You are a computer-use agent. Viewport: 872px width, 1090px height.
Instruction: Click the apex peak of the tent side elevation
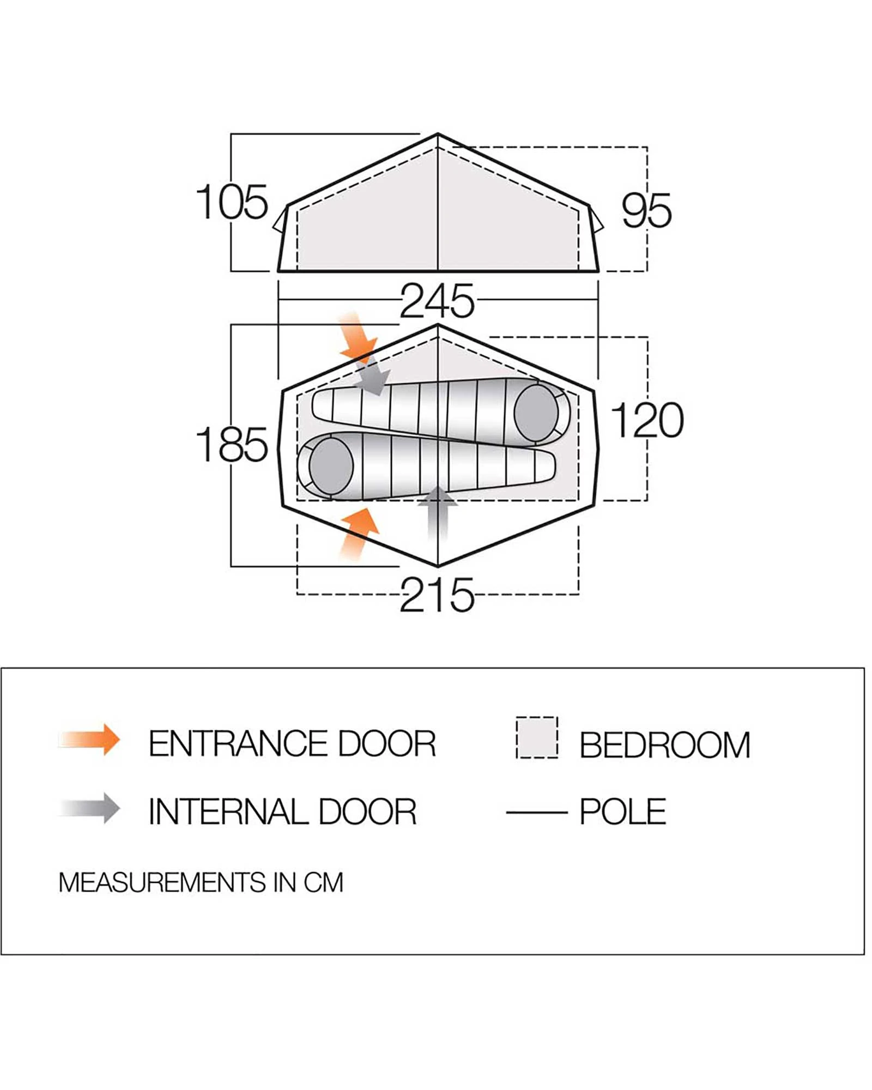[x=438, y=134]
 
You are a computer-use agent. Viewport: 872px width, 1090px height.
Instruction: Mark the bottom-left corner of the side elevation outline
[x=278, y=271]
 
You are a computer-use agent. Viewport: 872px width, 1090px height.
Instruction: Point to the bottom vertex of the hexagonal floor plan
[x=438, y=566]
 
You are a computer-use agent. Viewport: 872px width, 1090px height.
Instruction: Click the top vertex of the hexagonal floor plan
[x=438, y=325]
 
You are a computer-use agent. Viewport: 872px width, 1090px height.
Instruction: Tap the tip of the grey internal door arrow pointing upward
[x=438, y=487]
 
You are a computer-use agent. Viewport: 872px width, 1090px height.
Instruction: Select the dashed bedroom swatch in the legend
[x=537, y=737]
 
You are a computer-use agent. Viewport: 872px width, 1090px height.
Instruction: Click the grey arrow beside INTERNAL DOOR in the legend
[x=90, y=808]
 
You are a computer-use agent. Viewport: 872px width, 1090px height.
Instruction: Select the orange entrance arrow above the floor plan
[x=357, y=337]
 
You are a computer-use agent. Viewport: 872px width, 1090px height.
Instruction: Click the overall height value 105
[x=232, y=202]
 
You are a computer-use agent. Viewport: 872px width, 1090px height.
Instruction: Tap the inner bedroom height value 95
[x=647, y=210]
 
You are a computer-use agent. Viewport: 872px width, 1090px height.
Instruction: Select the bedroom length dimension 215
[x=437, y=595]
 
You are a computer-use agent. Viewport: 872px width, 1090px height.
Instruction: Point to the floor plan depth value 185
[x=232, y=445]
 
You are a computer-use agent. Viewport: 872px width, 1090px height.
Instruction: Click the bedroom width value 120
[x=647, y=420]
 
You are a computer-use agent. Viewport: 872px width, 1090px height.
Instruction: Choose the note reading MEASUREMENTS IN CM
[x=201, y=882]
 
